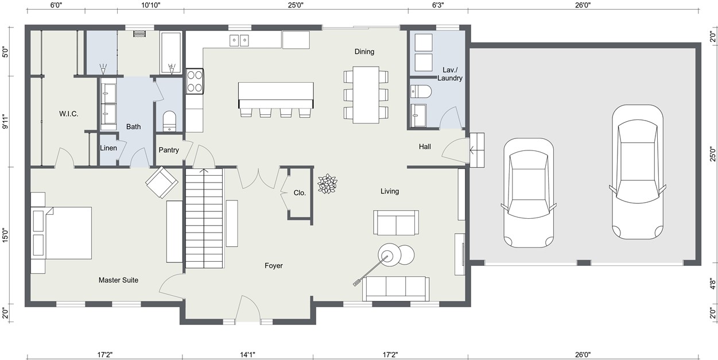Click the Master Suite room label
118,280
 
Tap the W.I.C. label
68,114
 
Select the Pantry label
169,150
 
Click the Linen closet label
108,148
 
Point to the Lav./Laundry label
449,74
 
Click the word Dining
364,52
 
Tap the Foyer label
273,266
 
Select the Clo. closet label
300,193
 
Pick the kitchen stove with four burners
195,81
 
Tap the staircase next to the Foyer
204,218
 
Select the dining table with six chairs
366,95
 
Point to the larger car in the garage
637,173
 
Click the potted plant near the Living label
328,184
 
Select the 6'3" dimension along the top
437,5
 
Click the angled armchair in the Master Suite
162,182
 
